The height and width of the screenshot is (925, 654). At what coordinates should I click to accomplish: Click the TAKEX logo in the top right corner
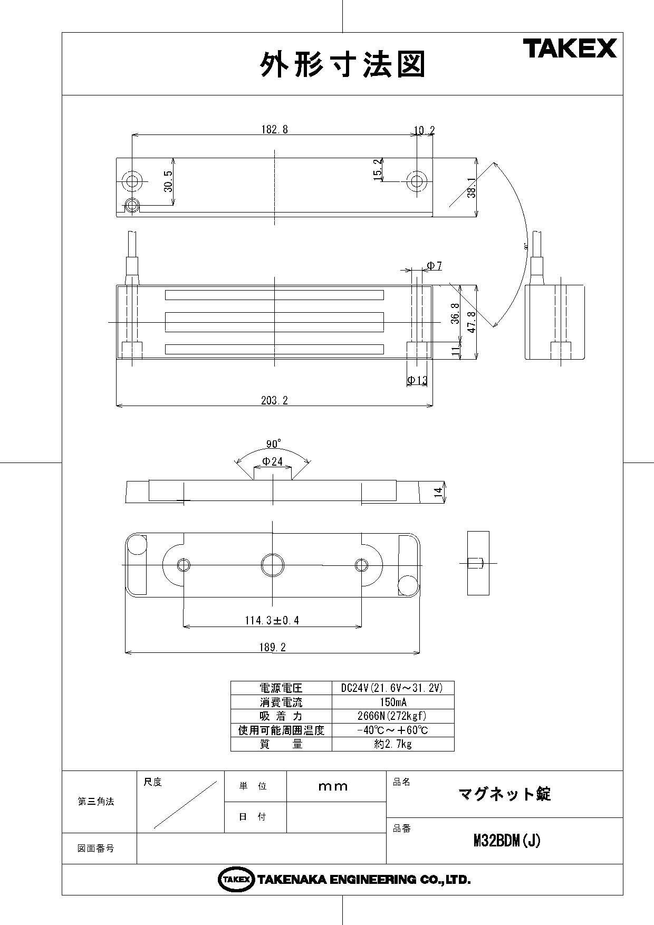pyautogui.click(x=570, y=49)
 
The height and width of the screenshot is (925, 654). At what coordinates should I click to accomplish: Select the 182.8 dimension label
pyautogui.click(x=275, y=130)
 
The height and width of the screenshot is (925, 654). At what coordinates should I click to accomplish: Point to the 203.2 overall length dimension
pyautogui.click(x=275, y=400)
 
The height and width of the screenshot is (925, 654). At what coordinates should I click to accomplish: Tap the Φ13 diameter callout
pyautogui.click(x=417, y=380)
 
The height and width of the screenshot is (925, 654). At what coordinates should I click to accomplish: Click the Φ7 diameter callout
pyautogui.click(x=434, y=266)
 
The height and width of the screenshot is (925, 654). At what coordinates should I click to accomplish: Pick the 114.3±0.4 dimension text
pyautogui.click(x=272, y=620)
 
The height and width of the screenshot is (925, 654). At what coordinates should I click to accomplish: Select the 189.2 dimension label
pyautogui.click(x=273, y=647)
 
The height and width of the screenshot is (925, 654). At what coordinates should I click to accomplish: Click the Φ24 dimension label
pyautogui.click(x=273, y=461)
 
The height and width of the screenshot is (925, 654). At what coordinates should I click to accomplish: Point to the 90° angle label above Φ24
pyautogui.click(x=274, y=443)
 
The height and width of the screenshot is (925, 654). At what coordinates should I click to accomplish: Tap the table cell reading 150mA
pyautogui.click(x=393, y=702)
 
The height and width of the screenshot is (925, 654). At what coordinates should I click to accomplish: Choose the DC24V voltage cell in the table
pyautogui.click(x=393, y=688)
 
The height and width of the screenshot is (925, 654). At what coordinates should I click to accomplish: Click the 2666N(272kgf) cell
pyautogui.click(x=393, y=716)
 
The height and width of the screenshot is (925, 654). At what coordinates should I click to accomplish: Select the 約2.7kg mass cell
pyautogui.click(x=393, y=744)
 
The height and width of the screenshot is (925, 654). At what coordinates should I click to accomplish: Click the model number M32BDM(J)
pyautogui.click(x=507, y=841)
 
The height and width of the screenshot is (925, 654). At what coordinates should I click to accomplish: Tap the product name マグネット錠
pyautogui.click(x=505, y=794)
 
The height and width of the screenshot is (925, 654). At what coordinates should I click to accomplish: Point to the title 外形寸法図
pyautogui.click(x=343, y=64)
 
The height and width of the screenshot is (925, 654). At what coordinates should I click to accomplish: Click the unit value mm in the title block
pyautogui.click(x=333, y=786)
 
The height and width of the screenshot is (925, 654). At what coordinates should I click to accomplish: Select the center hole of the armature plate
pyautogui.click(x=273, y=565)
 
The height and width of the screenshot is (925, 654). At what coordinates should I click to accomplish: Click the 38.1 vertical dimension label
pyautogui.click(x=472, y=187)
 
